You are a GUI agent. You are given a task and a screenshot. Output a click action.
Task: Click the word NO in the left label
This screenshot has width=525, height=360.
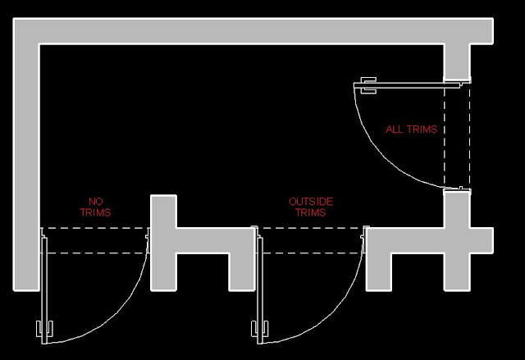click(96, 202)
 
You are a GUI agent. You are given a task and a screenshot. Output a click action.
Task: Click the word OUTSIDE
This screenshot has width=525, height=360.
click(311, 202)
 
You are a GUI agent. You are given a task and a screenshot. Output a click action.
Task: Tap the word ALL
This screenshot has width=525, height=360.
click(395, 130)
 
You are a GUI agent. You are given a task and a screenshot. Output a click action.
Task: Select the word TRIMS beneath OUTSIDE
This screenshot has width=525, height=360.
click(311, 213)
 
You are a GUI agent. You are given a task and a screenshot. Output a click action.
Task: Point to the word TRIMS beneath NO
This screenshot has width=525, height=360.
click(96, 213)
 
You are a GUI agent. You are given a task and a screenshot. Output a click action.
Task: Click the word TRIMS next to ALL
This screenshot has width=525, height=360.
click(422, 130)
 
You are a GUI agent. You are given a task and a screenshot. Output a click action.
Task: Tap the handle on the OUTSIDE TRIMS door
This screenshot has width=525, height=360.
click(256, 331)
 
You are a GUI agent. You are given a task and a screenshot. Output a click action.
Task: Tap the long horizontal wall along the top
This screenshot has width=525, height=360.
click(246, 31)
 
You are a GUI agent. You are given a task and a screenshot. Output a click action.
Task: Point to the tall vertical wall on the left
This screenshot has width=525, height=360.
click(26, 164)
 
